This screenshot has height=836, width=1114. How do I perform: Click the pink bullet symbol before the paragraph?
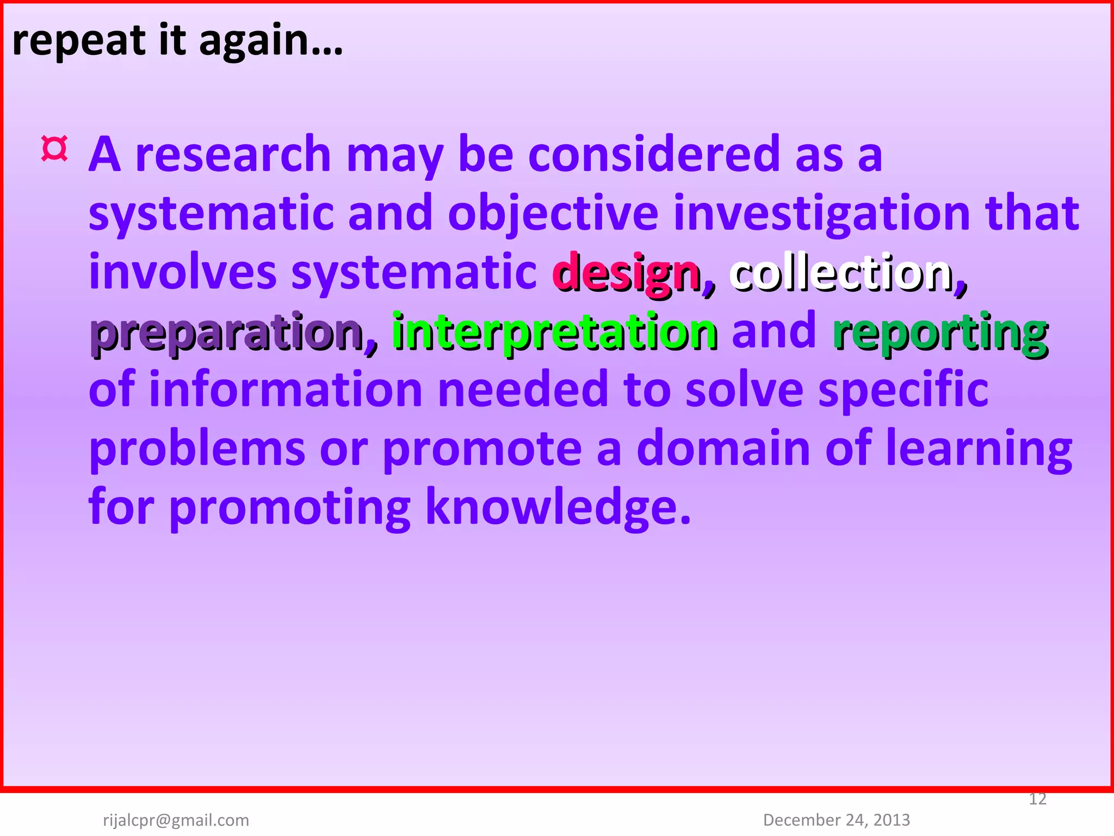pyautogui.click(x=54, y=149)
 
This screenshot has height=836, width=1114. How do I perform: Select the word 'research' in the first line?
pyautogui.click(x=233, y=155)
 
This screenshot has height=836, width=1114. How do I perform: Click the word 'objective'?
pyautogui.click(x=553, y=214)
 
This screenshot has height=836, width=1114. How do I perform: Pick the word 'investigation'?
pyautogui.click(x=822, y=214)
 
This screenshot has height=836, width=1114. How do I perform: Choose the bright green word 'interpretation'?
pyautogui.click(x=554, y=331)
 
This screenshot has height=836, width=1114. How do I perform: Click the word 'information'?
pyautogui.click(x=286, y=390)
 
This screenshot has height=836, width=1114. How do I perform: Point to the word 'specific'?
pyautogui.click(x=903, y=390)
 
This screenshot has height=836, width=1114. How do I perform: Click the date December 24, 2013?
pyautogui.click(x=837, y=820)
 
